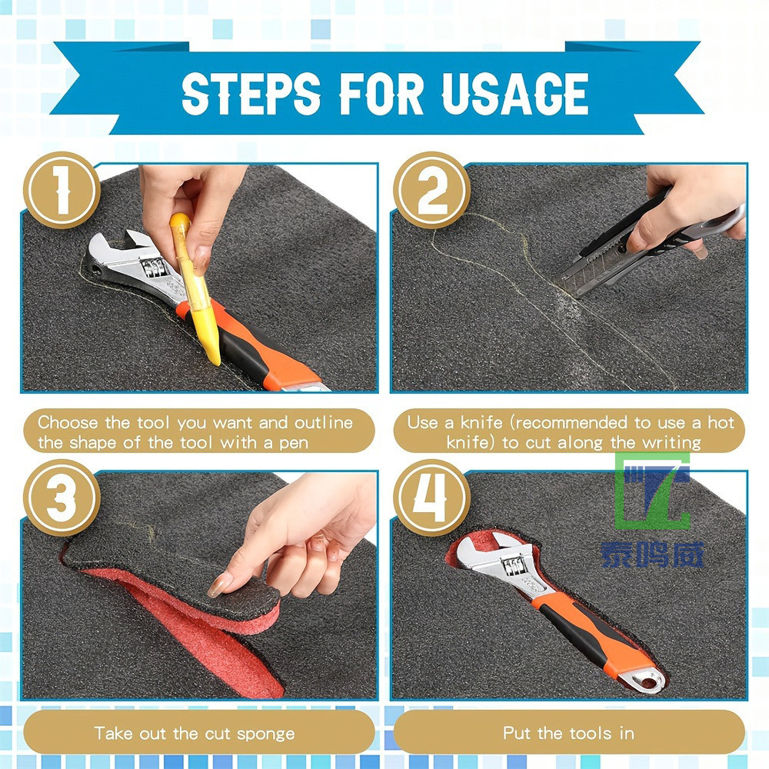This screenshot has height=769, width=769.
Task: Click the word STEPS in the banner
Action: (x=251, y=93)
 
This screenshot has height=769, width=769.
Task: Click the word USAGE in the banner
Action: (x=515, y=93)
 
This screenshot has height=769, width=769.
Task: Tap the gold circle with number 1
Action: (x=62, y=190)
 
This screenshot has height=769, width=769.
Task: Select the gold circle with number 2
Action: (x=431, y=190)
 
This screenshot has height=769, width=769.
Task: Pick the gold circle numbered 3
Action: (x=62, y=498)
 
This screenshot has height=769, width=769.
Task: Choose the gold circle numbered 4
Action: (x=431, y=498)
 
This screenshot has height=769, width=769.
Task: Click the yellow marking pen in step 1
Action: (x=195, y=289)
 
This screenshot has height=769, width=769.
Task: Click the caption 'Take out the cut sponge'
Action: (x=195, y=734)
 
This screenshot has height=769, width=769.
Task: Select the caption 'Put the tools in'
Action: (x=569, y=733)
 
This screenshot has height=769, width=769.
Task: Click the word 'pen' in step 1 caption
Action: (x=294, y=444)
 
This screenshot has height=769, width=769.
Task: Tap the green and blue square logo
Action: (x=653, y=491)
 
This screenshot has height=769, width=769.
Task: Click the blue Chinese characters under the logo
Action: (x=653, y=554)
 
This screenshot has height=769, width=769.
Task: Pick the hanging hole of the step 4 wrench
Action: (x=649, y=681)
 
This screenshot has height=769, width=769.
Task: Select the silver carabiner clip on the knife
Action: (x=721, y=221)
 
